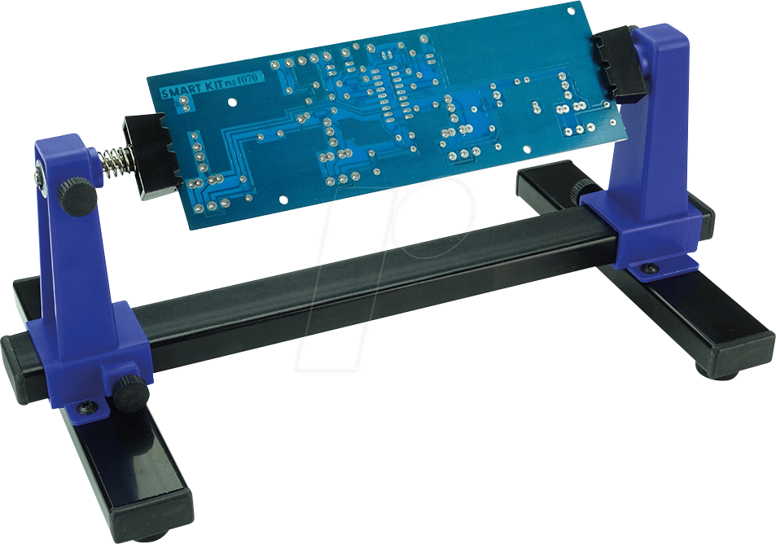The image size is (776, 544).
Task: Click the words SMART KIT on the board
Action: click(191, 90)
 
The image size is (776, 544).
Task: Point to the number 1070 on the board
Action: click(252, 79)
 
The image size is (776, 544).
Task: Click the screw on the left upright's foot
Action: click(86, 408)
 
